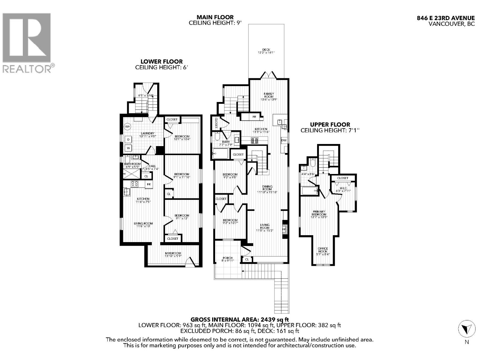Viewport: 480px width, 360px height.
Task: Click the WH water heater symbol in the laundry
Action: [127, 127]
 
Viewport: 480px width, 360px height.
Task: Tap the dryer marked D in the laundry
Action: [128, 139]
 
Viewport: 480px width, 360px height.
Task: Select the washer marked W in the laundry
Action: [128, 148]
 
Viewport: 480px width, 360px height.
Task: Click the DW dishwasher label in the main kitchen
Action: [284, 140]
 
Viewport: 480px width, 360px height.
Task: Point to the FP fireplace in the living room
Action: [285, 229]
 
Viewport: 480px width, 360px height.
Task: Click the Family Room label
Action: [269, 95]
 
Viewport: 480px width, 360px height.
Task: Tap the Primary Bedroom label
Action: [318, 213]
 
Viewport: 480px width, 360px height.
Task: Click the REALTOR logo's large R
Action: [26, 36]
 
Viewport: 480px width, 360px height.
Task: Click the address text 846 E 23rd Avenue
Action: [446, 18]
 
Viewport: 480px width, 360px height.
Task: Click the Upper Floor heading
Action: [330, 124]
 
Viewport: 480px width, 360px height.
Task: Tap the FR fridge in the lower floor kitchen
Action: [149, 184]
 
